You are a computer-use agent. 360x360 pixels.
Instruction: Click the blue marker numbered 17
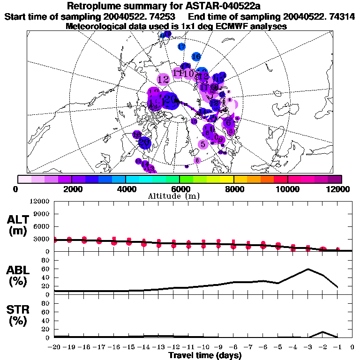pyautogui.click(x=182, y=46)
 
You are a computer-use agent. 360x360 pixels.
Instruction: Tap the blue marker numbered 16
pyautogui.click(x=196, y=57)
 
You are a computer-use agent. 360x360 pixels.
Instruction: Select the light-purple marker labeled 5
pyautogui.click(x=203, y=144)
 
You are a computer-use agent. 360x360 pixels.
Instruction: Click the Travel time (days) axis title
pyautogui.click(x=205, y=356)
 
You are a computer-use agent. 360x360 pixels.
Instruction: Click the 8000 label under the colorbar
pyautogui.click(x=233, y=189)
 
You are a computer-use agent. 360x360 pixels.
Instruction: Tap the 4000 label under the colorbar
pyautogui.click(x=125, y=189)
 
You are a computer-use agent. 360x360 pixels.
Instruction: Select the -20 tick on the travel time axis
pyautogui.click(x=54, y=348)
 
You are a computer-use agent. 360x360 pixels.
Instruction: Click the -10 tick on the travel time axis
pyautogui.click(x=203, y=348)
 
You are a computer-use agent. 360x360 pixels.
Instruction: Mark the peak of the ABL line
pyautogui.click(x=308, y=269)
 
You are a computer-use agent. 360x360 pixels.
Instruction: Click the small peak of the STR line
pyautogui.click(x=322, y=332)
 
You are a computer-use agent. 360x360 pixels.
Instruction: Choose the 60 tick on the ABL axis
pyautogui.click(x=45, y=269)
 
